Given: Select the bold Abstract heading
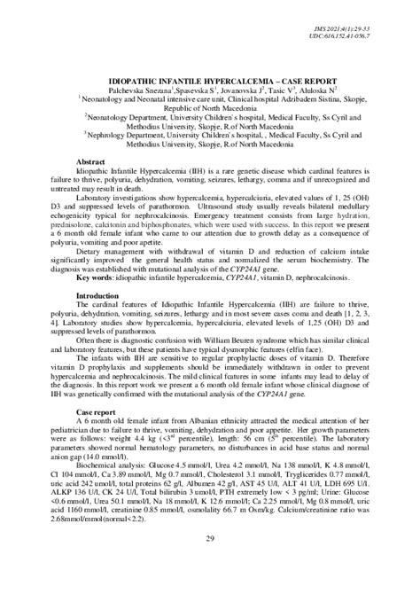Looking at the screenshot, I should tap(92, 161).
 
